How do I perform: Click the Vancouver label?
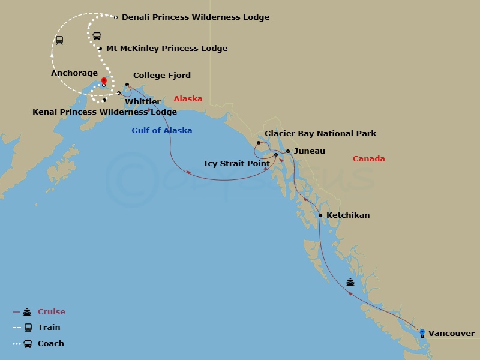click(451, 333)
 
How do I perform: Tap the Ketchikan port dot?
click(320, 215)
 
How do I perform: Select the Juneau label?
click(310, 151)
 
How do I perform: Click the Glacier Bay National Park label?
click(320, 133)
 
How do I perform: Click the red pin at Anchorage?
click(104, 81)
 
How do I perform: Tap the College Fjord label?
click(161, 76)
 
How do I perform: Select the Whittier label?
click(143, 102)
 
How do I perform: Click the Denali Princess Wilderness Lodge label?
click(195, 17)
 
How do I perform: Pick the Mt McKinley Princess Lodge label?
click(166, 49)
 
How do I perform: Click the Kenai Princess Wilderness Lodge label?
click(104, 112)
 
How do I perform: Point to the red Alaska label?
click(188, 99)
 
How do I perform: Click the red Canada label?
click(368, 159)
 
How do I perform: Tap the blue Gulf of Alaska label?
click(162, 130)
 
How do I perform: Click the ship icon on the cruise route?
click(350, 282)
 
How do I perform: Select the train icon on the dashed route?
click(59, 40)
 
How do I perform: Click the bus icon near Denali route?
click(97, 35)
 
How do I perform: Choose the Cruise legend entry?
click(51, 311)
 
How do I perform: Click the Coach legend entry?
click(50, 343)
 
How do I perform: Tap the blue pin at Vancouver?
click(422, 332)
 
